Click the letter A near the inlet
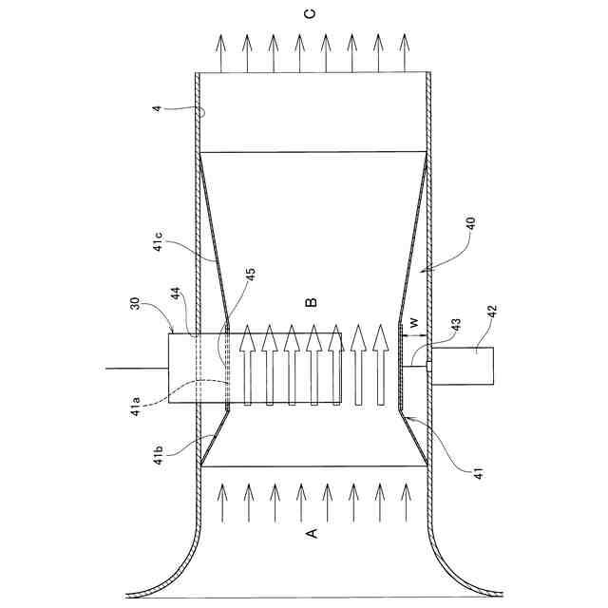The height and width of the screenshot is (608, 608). (x=310, y=535)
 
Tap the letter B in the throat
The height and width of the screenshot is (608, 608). (x=310, y=302)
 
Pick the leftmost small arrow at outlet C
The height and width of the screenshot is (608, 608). (x=219, y=52)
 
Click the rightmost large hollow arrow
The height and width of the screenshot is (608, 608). (x=381, y=365)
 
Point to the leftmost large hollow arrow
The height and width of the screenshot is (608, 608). (x=247, y=366)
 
